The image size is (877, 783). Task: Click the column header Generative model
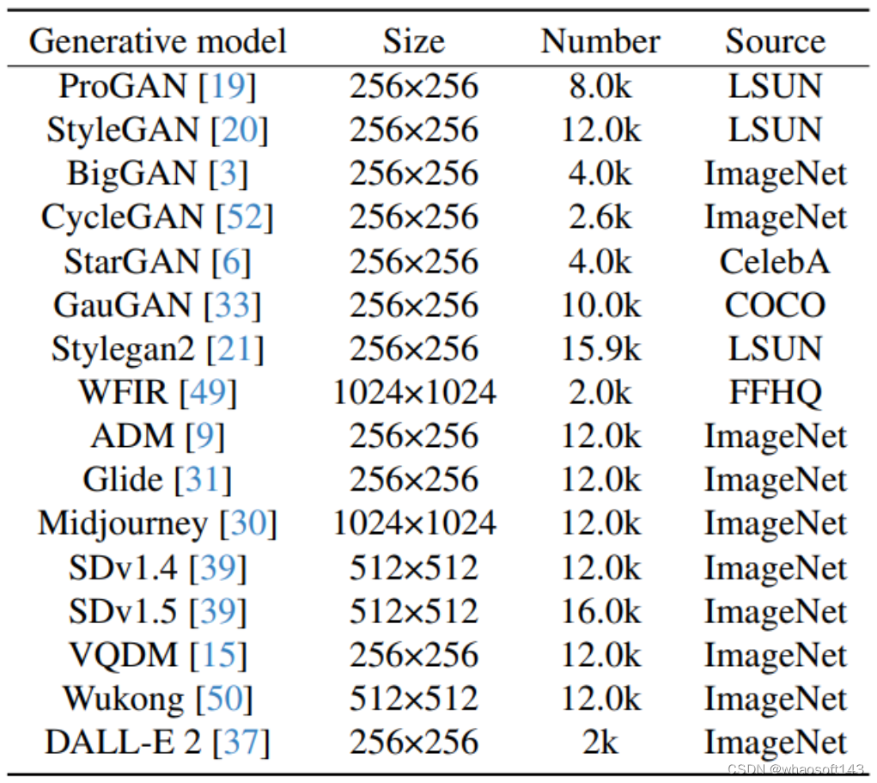157,41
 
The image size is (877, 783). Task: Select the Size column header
413,41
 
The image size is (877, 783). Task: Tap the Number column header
600,41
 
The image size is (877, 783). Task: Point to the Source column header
775,41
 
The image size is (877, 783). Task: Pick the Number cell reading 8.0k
600,86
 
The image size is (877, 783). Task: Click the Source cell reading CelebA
775,261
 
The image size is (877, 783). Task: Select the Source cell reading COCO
775,305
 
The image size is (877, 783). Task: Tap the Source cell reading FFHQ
775,393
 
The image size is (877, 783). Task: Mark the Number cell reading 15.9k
600,349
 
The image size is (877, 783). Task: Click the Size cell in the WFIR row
414,393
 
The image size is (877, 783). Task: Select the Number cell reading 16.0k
600,611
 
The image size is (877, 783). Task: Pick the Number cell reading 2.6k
600,217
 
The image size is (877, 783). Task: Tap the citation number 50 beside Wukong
224,699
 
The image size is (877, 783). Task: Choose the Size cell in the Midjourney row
414,523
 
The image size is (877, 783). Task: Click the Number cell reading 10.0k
600,305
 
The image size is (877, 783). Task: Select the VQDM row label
123,655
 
